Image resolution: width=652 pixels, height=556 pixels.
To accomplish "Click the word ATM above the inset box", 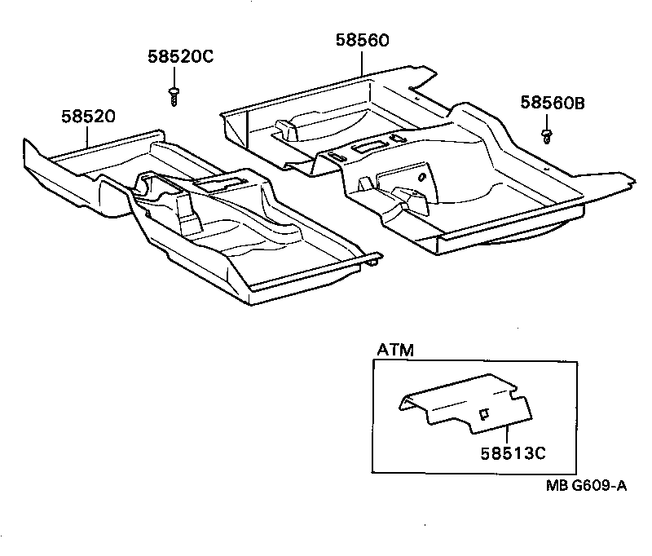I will click(x=394, y=351).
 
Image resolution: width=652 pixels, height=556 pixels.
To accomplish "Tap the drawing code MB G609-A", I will click(x=585, y=487).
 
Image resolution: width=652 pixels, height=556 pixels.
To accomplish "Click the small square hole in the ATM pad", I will click(x=482, y=414).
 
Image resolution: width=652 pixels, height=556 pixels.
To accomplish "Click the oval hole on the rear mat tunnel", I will click(x=421, y=178).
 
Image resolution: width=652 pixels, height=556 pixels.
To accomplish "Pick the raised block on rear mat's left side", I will click(x=288, y=127).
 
